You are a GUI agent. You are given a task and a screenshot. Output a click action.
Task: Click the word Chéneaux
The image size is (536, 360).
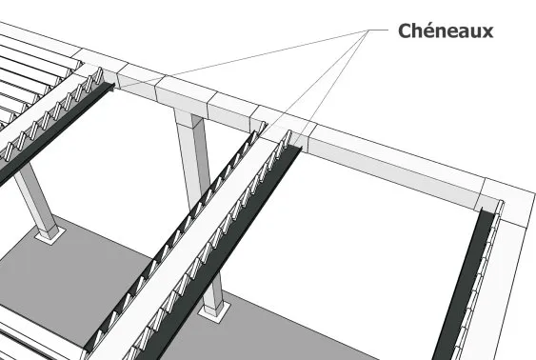pos(444,30)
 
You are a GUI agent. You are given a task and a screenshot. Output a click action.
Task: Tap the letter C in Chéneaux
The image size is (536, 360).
pos(404,30)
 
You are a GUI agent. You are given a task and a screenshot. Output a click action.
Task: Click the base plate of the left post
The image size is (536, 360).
pos(48,232)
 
